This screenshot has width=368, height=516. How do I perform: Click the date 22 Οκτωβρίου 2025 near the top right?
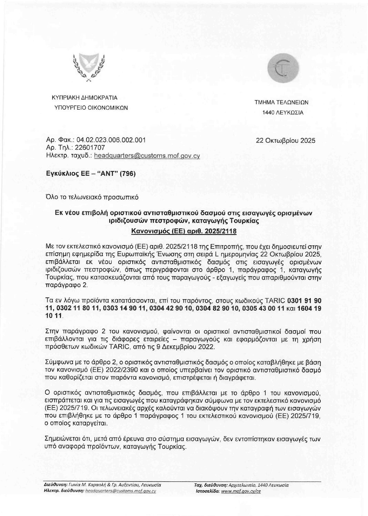(285, 141)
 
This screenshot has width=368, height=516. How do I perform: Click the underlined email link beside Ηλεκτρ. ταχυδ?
(147, 155)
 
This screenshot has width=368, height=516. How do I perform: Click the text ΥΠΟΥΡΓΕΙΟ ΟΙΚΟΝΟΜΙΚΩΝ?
(91, 108)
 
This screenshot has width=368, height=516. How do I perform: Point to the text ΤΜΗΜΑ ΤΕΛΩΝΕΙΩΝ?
(281, 102)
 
